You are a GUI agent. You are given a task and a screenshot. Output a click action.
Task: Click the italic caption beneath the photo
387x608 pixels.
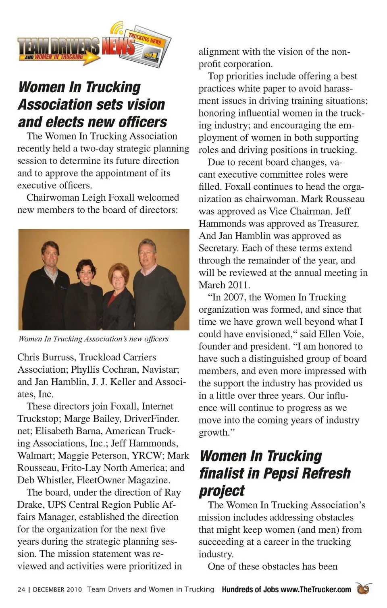pyautogui.click(x=94, y=339)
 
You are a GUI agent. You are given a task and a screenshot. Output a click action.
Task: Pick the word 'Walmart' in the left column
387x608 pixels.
pyautogui.click(x=35, y=456)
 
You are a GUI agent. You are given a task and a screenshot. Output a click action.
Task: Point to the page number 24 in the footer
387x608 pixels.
pyautogui.click(x=21, y=589)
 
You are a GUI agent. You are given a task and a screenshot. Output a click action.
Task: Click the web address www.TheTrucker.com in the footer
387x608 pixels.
pyautogui.click(x=316, y=589)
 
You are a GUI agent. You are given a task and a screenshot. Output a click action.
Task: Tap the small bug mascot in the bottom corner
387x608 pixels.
pyautogui.click(x=363, y=589)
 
